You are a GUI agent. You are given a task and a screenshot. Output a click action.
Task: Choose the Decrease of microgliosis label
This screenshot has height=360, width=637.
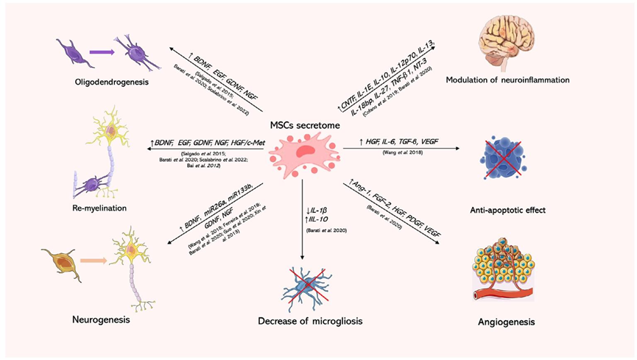(x=303, y=322)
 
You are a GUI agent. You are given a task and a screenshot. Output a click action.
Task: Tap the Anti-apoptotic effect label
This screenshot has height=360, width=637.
(x=507, y=210)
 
